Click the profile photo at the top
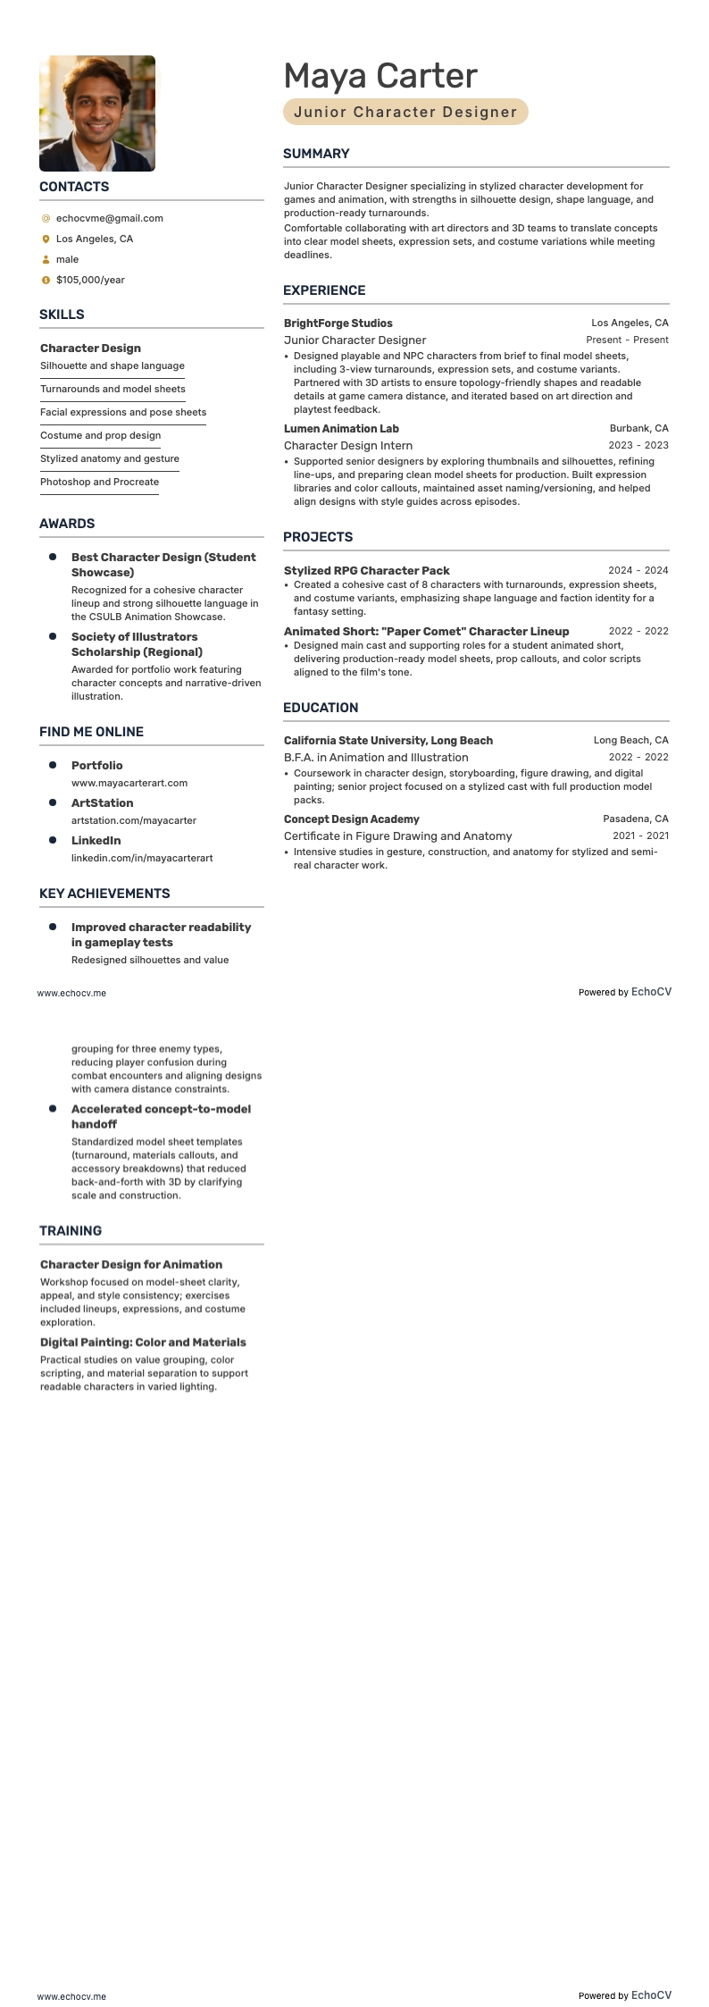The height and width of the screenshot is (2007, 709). coord(97,113)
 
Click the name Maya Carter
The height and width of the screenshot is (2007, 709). coord(380,76)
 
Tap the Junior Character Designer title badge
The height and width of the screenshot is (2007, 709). coord(405,112)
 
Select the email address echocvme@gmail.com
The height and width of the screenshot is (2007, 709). coord(109,218)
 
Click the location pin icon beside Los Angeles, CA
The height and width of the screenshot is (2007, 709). coord(46,239)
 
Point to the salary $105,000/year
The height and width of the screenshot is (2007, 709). coord(90,280)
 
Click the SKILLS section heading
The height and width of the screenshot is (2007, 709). coord(62,315)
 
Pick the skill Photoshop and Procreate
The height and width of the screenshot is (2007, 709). coord(99,482)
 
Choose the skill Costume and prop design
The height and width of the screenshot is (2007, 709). coord(100,435)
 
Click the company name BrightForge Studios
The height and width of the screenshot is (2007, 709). coord(338,323)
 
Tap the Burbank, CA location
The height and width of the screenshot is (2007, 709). coord(638,429)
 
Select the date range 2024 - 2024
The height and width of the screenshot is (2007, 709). coord(638,570)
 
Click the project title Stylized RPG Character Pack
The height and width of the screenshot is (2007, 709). coord(366,571)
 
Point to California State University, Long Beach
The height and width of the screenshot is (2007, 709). coord(388,741)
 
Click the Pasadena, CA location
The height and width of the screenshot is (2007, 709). coord(635,819)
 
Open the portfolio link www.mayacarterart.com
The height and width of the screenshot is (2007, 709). coord(129,783)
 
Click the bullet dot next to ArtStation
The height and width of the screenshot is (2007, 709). coord(53,802)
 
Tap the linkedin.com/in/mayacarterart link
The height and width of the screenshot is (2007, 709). coord(142,858)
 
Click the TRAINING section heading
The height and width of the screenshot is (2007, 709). coord(71,1230)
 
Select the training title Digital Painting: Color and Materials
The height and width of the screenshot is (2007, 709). coord(143,1342)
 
